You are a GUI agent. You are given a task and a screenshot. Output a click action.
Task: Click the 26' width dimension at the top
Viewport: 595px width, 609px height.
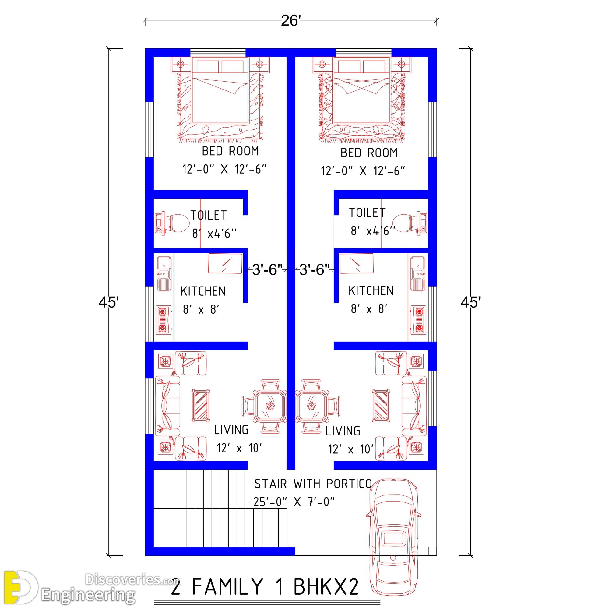290,21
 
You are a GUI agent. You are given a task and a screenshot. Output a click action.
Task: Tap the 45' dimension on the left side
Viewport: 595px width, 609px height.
109,302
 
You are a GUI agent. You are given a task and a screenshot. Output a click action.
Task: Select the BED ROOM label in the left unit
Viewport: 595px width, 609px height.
230,151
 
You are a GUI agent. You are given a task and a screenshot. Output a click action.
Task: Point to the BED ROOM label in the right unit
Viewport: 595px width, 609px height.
369,153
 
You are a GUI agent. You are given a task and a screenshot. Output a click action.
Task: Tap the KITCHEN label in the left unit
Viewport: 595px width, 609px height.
203,291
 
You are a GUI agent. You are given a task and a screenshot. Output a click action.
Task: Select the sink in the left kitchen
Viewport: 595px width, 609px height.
164,274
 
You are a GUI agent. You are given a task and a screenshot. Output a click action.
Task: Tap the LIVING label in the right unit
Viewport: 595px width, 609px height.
343,431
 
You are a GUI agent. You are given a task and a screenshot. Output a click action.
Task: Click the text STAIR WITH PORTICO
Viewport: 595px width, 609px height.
313,484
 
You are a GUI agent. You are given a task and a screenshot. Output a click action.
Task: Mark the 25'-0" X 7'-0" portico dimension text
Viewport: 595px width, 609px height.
294,502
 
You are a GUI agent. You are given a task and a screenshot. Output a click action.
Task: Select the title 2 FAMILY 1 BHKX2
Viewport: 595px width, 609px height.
265,587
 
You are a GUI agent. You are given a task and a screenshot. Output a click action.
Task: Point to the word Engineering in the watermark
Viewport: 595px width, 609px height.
88,595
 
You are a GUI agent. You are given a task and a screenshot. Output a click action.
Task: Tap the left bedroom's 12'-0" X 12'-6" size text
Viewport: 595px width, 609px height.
224,169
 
